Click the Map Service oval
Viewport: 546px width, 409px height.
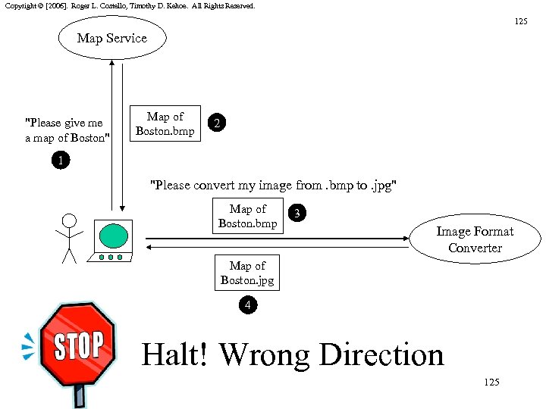[111, 39]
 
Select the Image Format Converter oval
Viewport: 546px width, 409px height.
[475, 240]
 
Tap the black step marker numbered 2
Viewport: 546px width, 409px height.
[218, 123]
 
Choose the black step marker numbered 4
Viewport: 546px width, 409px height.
[247, 305]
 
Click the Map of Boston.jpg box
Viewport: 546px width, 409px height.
[247, 273]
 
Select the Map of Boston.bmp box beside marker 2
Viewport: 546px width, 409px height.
[165, 124]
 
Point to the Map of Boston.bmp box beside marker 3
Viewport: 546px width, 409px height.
[247, 216]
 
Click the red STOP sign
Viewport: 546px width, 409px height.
[77, 345]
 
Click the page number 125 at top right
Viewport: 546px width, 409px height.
[521, 21]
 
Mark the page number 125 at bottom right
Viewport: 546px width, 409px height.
[491, 382]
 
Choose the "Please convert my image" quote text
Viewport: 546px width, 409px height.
[274, 186]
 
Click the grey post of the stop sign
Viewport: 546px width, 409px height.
[79, 395]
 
